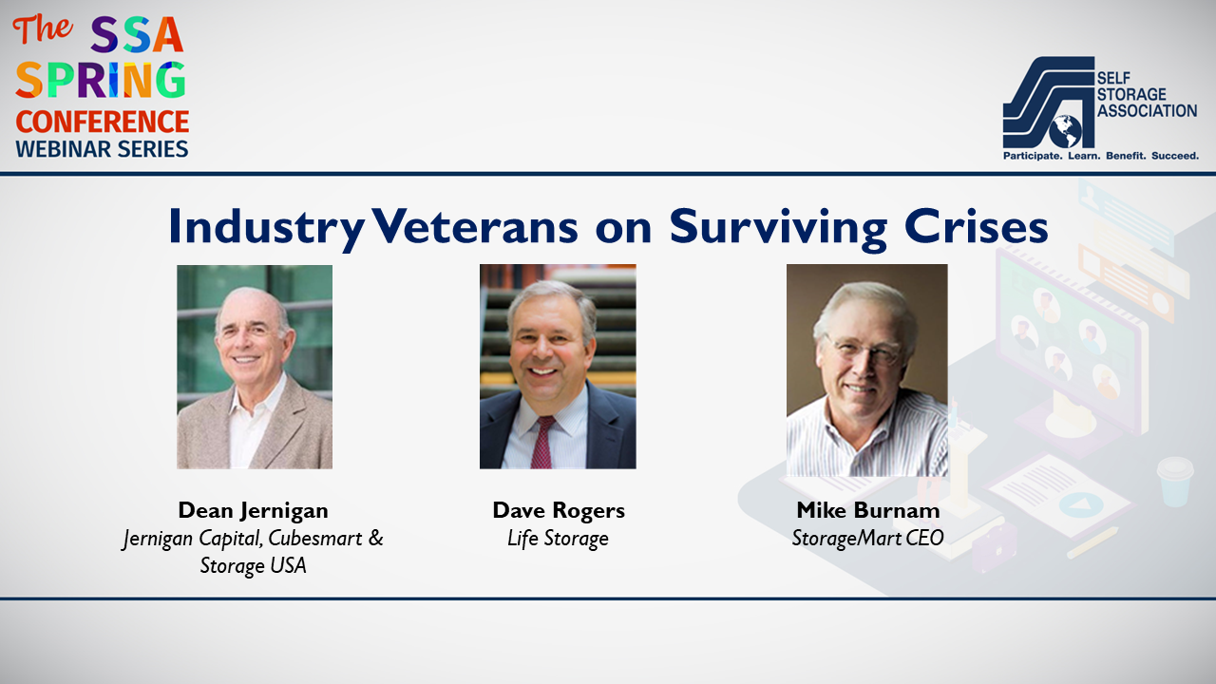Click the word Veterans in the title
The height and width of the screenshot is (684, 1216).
(x=475, y=227)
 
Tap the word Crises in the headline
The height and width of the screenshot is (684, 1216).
(x=976, y=226)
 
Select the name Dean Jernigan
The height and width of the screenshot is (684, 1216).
(x=253, y=510)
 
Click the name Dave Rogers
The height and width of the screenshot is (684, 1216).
(x=559, y=510)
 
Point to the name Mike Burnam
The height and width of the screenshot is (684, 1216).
(x=868, y=510)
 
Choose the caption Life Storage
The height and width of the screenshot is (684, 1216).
(x=558, y=538)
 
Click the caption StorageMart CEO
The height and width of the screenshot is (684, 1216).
(x=867, y=538)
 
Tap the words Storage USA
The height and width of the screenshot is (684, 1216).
(x=253, y=565)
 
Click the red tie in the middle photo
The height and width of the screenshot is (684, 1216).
(x=542, y=442)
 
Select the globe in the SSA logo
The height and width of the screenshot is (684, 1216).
(x=1065, y=131)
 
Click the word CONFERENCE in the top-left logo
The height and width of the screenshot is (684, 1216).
(x=102, y=122)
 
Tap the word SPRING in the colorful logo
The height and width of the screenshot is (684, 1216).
(x=101, y=80)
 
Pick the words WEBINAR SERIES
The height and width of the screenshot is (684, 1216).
(x=102, y=149)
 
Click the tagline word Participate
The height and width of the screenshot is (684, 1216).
(x=1032, y=157)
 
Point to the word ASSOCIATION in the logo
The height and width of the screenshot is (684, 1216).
(x=1147, y=111)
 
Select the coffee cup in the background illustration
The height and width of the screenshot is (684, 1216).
(x=1175, y=482)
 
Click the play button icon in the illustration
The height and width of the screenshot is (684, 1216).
(x=1080, y=504)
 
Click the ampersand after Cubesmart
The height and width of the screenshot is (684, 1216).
(x=375, y=538)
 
